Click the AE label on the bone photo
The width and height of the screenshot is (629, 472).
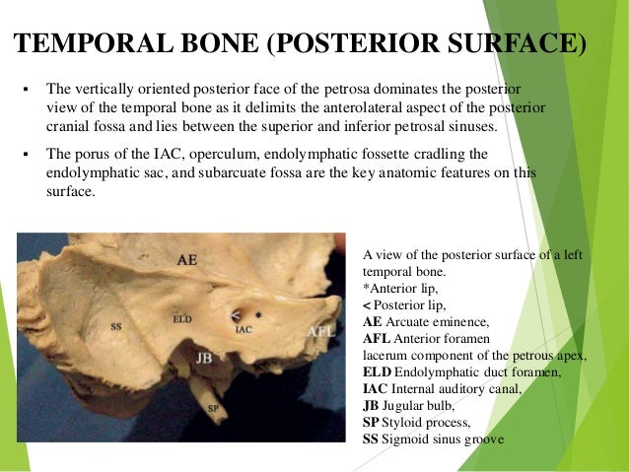pyautogui.click(x=188, y=261)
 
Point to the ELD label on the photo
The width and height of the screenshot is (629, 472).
pyautogui.click(x=182, y=318)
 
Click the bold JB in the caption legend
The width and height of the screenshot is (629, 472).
pyautogui.click(x=374, y=405)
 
